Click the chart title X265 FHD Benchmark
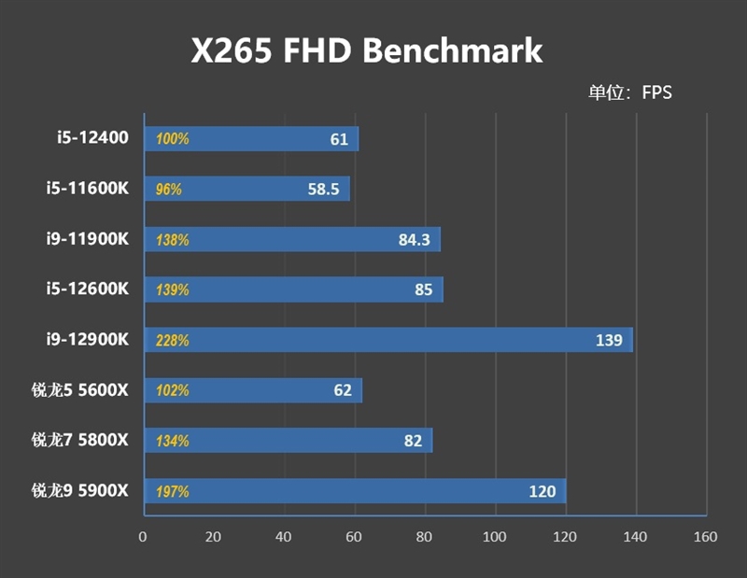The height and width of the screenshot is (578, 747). point(367,50)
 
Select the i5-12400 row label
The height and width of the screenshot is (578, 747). point(92,138)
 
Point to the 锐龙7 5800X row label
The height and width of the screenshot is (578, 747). point(79,439)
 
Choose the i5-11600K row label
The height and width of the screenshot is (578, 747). point(87,189)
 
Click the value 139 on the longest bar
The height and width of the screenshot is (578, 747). point(609,340)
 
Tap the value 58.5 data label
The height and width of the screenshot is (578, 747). point(323,190)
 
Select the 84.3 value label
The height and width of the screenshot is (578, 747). point(414,240)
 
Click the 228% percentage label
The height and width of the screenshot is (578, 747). point(173,340)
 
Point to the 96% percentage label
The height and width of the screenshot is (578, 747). point(169,190)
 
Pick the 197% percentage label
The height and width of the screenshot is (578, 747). point(173,491)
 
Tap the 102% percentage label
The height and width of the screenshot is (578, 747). point(173,390)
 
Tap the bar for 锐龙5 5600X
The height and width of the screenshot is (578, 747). point(252,390)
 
